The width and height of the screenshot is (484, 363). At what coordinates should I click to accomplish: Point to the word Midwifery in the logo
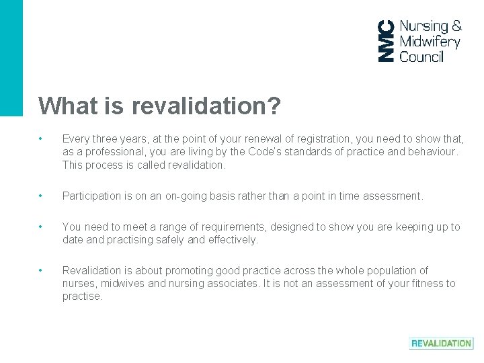coord(430,42)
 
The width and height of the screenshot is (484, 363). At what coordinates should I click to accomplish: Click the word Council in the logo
coord(421,56)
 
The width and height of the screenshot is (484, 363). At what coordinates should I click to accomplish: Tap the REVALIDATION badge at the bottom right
coord(441,343)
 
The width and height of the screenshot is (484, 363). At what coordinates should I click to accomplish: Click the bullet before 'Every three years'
coord(42,139)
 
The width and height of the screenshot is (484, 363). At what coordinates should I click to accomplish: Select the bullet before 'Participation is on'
coord(42,196)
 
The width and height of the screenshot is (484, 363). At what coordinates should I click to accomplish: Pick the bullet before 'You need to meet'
coord(42,227)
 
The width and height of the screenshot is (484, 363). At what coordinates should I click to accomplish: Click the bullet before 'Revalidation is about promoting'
coord(42,270)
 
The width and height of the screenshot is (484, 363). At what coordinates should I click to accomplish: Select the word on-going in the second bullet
coord(182,196)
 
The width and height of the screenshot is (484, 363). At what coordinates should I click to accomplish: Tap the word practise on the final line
coord(82,296)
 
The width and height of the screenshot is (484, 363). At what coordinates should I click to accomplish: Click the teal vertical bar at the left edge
coord(11,57)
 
